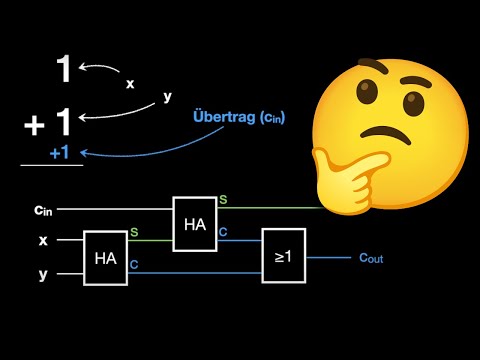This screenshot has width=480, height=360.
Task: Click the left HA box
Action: coord(106,257)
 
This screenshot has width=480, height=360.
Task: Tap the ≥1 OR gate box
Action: coord(285,255)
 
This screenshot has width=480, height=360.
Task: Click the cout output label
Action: coord(371,257)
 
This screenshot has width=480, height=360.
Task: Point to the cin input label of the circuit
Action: coord(43,209)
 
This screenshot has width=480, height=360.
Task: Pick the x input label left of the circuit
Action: coord(42,241)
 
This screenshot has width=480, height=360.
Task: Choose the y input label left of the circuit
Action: coord(42,273)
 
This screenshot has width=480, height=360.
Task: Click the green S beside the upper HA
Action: coord(223,200)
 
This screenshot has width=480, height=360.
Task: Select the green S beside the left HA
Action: coord(135,233)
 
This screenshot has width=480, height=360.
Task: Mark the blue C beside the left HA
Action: coord(135,266)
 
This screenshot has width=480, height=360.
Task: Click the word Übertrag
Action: coord(222,118)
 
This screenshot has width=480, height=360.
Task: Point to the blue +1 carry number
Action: coord(59,152)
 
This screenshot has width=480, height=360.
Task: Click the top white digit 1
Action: coord(63,70)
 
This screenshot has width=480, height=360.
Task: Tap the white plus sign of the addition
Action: coord(34,125)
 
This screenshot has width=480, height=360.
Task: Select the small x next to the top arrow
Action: coord(130,84)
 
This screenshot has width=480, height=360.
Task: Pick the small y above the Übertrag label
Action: coord(168,98)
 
